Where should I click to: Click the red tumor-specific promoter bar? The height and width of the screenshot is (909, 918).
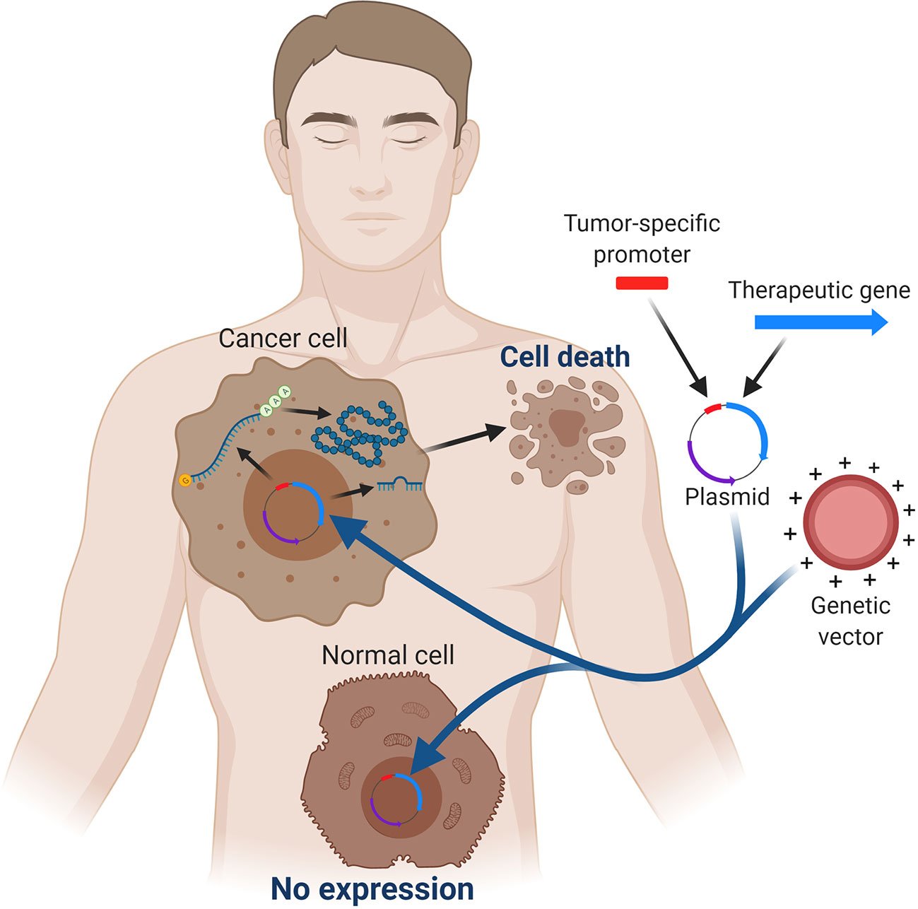(642, 283)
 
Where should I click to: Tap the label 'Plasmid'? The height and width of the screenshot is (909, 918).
(727, 497)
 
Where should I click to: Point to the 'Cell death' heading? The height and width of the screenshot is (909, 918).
(565, 357)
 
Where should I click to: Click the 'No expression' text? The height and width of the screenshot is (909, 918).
(372, 889)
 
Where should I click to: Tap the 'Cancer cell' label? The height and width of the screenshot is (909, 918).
(283, 338)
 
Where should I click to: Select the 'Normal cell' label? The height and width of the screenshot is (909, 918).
(387, 655)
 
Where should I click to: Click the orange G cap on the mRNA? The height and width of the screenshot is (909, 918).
(185, 481)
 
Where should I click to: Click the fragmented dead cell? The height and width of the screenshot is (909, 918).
(565, 434)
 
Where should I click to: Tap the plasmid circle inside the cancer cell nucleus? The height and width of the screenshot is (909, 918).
(292, 513)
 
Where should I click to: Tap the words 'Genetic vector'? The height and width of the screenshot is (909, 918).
(850, 621)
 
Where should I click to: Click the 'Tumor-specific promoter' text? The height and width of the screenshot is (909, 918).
(642, 238)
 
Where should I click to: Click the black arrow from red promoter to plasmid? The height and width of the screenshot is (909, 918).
(678, 346)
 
